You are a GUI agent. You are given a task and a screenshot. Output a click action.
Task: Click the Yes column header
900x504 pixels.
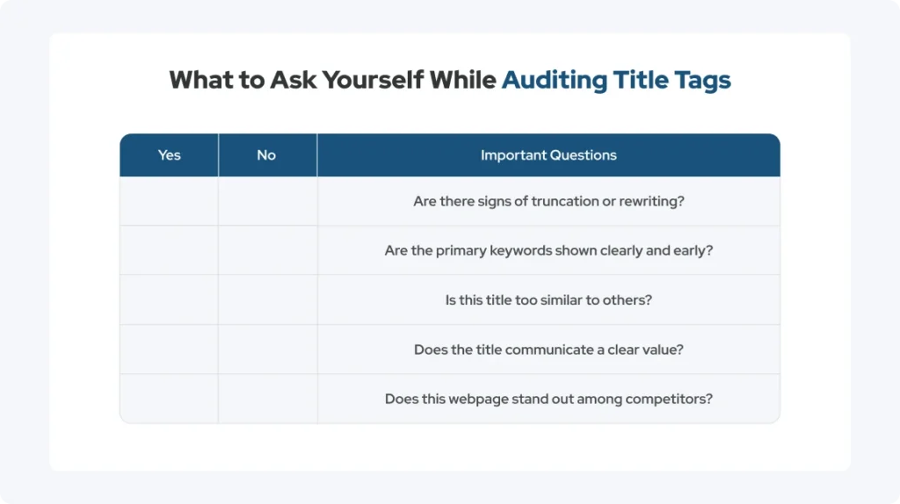tap(169, 155)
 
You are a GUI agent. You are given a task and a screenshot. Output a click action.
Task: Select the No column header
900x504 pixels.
tap(266, 155)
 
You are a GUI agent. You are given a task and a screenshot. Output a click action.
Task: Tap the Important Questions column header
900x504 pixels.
tap(548, 155)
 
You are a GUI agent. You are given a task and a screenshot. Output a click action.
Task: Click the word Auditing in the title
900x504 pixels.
tap(554, 80)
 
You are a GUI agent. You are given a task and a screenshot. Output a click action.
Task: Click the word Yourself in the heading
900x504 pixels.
tap(373, 80)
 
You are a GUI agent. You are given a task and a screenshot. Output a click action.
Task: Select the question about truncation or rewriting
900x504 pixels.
tap(548, 201)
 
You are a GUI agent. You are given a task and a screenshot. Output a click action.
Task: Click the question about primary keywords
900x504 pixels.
tap(548, 250)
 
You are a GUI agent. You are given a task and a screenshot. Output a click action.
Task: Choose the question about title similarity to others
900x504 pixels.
tap(548, 300)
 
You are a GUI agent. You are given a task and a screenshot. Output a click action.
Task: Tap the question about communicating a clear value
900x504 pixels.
tap(548, 349)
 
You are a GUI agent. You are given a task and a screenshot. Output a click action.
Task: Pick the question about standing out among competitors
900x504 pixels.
tap(548, 399)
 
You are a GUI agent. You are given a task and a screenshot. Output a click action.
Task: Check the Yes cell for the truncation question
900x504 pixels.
tap(169, 201)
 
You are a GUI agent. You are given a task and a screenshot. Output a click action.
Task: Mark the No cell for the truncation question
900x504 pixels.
tap(267, 201)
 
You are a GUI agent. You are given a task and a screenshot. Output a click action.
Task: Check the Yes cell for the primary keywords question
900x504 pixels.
tap(169, 250)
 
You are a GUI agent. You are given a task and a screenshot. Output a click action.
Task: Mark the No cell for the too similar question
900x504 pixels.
tap(267, 300)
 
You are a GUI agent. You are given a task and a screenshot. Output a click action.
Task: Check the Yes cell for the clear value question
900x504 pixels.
tap(169, 349)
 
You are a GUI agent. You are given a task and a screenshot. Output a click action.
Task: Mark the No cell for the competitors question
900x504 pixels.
tap(267, 399)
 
